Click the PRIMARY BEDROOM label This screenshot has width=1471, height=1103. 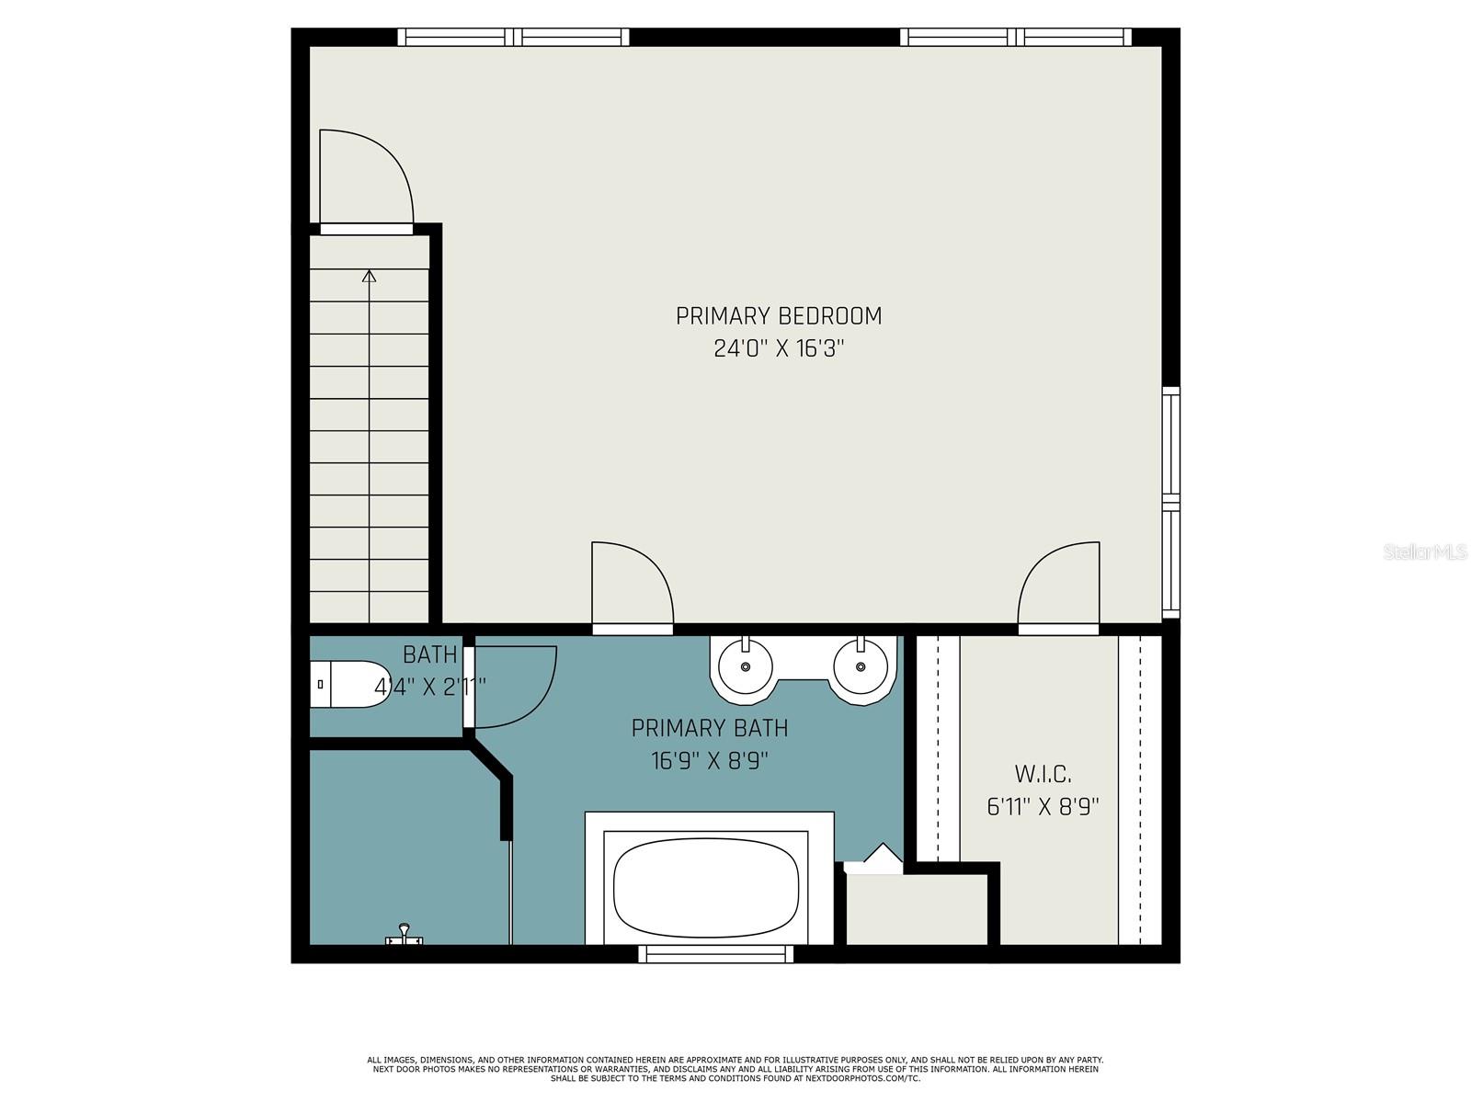point(778,316)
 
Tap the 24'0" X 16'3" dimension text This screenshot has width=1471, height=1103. point(778,349)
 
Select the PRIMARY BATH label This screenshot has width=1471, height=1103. point(709,728)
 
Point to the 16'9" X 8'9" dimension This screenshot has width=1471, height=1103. point(709,761)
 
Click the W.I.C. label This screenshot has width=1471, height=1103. point(1043,774)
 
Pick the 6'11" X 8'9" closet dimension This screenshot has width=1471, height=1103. point(1043,807)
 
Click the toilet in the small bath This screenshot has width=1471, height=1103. point(350,685)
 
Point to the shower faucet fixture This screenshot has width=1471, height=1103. point(404,935)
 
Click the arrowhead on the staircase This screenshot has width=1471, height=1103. point(369,276)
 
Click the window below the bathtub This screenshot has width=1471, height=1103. point(715,954)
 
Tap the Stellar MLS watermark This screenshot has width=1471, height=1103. point(1424,552)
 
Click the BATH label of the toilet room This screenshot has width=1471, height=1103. point(429,654)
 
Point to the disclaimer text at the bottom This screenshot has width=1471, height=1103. point(735,1069)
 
